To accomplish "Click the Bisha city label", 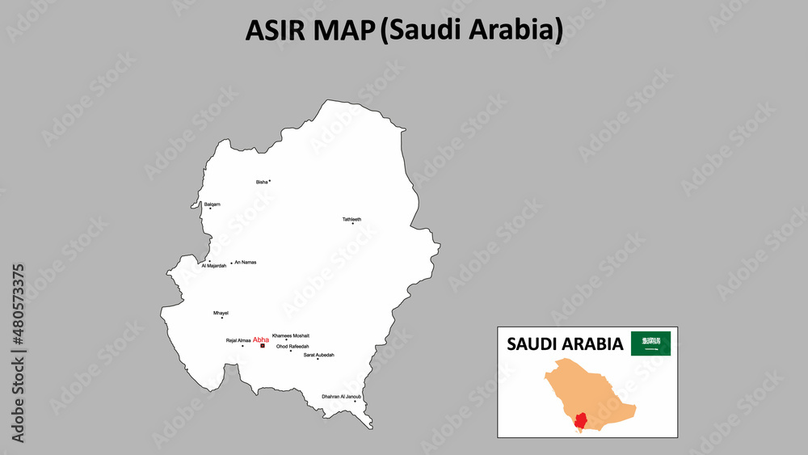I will click(x=261, y=183).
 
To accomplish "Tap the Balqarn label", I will click(x=213, y=204).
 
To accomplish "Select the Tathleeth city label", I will click(x=351, y=219).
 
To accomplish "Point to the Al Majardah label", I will click(x=214, y=266).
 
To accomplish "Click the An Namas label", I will click(x=246, y=263).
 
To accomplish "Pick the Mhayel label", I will click(x=221, y=313).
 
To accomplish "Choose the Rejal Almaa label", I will click(x=238, y=341).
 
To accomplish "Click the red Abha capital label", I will click(x=261, y=340).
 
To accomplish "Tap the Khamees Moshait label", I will click(x=291, y=335).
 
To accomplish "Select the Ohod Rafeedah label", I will click(x=292, y=346).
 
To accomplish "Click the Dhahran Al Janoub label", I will click(x=341, y=396).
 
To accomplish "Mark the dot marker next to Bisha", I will click(x=270, y=181).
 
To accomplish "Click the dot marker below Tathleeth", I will click(x=352, y=224).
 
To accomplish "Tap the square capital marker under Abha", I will click(x=262, y=347).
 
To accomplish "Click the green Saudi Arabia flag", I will click(x=650, y=343).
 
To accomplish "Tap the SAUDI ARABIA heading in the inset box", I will click(x=565, y=344).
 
